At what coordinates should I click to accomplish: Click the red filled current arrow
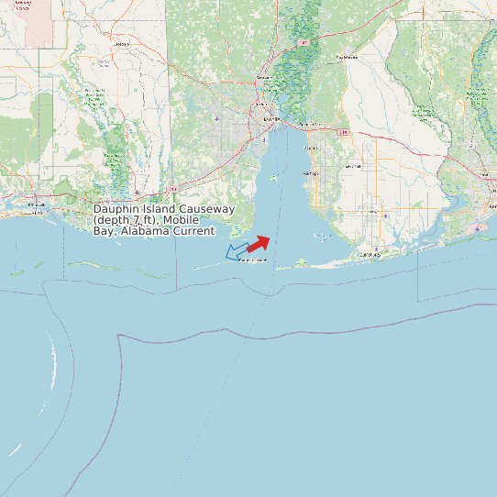(259, 242)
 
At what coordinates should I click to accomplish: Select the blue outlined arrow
(237, 249)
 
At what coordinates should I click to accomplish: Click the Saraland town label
(266, 78)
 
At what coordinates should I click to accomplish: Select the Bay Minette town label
(346, 57)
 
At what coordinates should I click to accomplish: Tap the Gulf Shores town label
(370, 254)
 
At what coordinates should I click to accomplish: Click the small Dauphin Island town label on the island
(253, 260)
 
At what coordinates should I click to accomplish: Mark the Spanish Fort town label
(310, 124)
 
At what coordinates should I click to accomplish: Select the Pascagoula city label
(37, 204)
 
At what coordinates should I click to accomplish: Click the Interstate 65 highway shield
(303, 42)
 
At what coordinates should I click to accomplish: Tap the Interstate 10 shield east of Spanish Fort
(344, 132)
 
